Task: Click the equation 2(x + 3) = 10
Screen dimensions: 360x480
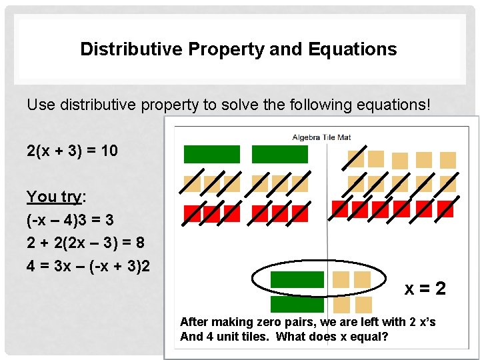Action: click(x=72, y=151)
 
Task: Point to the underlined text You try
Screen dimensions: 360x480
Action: click(x=53, y=197)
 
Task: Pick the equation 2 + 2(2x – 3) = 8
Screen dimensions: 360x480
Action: click(x=85, y=242)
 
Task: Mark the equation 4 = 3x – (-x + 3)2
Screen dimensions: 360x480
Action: click(x=88, y=265)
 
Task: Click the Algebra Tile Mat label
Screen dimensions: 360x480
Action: click(x=321, y=137)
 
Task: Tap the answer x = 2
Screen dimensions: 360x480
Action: click(x=425, y=289)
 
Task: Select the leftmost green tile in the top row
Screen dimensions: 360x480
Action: click(x=211, y=155)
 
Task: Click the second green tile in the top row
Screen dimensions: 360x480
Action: click(x=279, y=155)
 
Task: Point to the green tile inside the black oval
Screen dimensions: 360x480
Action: click(x=297, y=280)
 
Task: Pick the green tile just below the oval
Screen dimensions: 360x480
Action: click(x=297, y=305)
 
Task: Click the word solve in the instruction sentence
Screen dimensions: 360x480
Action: click(x=233, y=105)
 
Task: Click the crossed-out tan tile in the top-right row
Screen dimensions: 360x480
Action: click(x=356, y=159)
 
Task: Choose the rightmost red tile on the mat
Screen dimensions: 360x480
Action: click(x=445, y=209)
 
